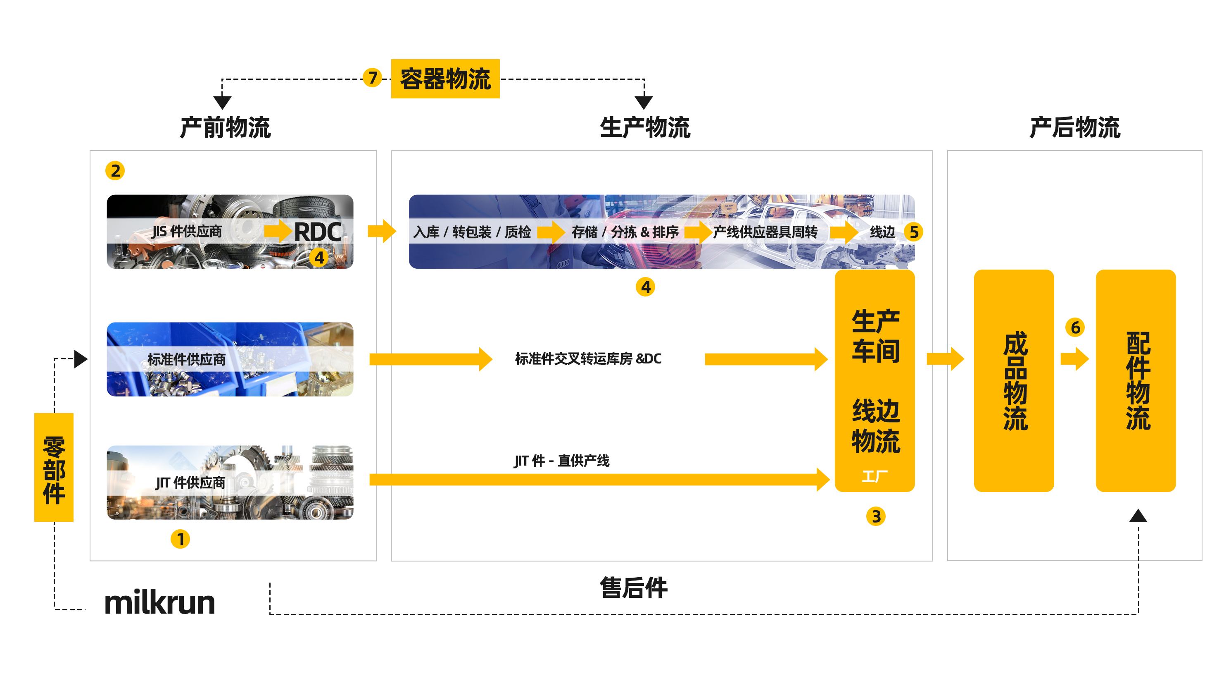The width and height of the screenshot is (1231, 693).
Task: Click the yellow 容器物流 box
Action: point(445,79)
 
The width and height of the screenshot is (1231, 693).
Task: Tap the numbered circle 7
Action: point(372,77)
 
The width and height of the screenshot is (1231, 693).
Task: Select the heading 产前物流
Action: point(225,128)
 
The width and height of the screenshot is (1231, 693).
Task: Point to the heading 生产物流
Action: point(645,128)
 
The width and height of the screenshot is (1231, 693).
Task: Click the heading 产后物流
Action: point(1074,128)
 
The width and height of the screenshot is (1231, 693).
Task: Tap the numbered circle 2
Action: point(115,171)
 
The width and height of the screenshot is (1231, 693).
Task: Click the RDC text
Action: point(317,232)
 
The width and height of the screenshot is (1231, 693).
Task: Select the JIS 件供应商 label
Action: point(187,232)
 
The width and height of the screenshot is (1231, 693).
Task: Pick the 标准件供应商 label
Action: point(186,359)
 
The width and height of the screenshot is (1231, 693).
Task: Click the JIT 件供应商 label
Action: point(190,483)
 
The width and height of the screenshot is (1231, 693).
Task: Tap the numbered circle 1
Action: point(180,539)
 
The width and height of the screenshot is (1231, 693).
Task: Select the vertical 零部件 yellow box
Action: point(54,467)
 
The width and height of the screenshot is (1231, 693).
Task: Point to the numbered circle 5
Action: point(914,232)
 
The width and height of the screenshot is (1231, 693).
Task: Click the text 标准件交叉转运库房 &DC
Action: point(588,358)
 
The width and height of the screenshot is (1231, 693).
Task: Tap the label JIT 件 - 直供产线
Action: point(561,461)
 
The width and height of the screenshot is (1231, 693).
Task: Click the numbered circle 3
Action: point(875,516)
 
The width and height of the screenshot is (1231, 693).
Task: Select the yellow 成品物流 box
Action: point(1014,381)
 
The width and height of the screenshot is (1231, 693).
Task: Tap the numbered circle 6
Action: point(1075,327)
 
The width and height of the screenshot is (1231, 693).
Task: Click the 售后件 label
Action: point(633,588)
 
